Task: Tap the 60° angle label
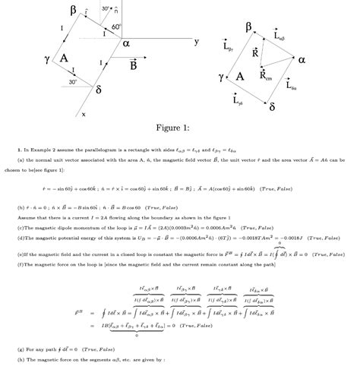click(x=116, y=27)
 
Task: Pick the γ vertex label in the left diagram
click(x=46, y=58)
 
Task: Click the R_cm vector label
click(x=265, y=75)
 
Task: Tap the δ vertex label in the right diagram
click(x=272, y=106)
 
